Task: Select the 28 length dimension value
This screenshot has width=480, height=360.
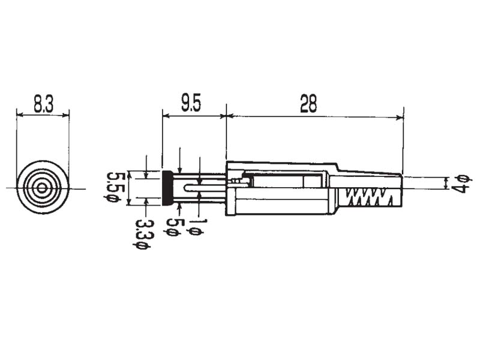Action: coord(308,104)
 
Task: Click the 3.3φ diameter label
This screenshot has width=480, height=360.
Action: coord(142,235)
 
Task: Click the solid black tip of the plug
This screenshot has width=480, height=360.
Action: coord(168,188)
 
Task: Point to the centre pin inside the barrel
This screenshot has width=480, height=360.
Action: coord(204,188)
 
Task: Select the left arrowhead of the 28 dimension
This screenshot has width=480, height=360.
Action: coord(230,116)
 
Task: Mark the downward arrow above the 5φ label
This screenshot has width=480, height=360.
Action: coord(179,169)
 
